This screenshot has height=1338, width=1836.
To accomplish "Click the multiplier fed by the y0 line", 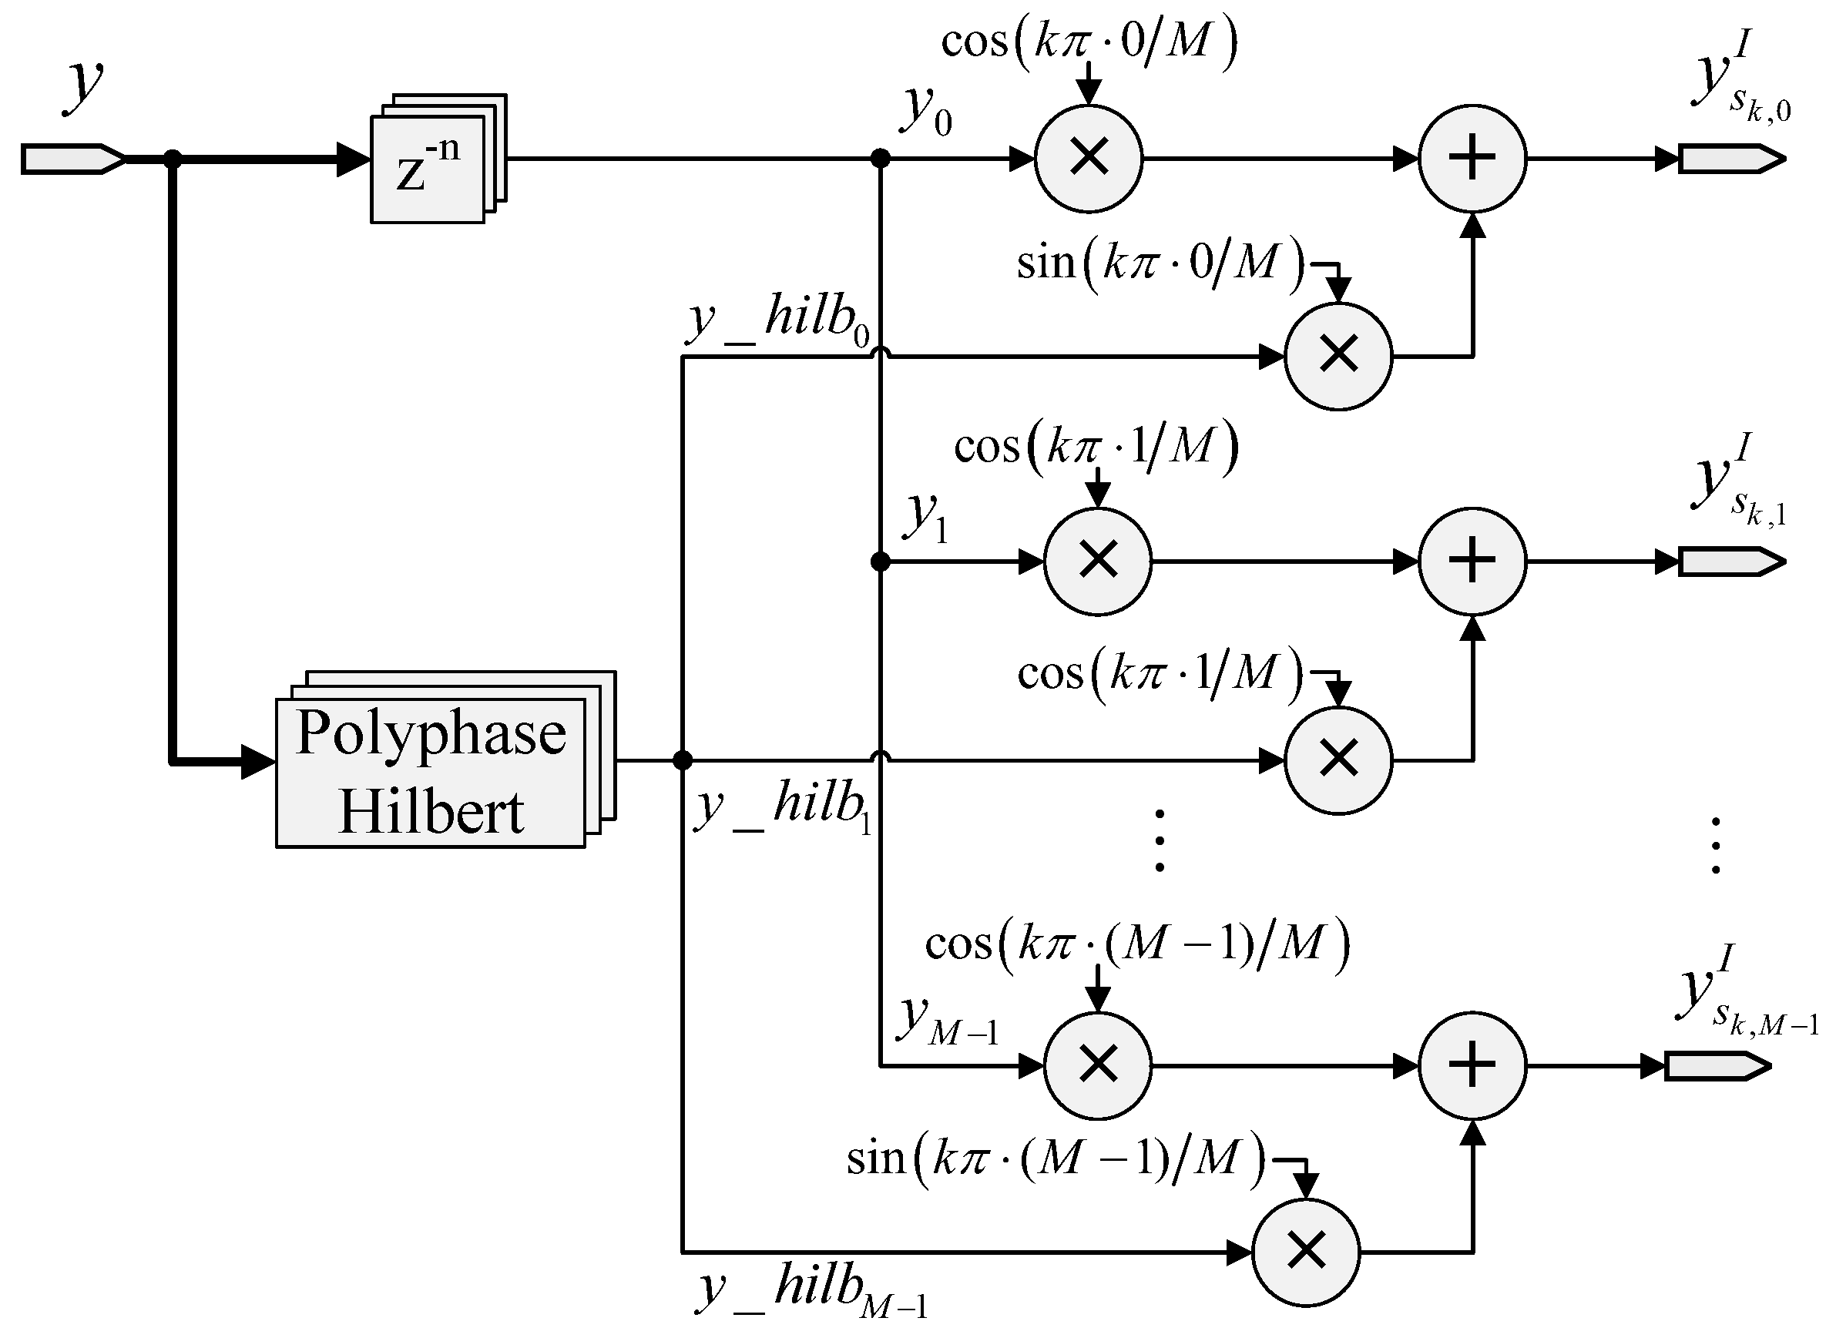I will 1089,159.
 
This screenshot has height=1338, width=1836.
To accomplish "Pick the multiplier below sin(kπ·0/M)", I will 1338,357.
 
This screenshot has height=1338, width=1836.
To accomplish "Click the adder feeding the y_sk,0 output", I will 1472,159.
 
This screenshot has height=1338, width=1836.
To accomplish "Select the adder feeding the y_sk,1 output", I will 1472,562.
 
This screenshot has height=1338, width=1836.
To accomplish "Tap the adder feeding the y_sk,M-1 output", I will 1472,1066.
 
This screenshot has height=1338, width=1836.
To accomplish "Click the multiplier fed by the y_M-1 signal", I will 1097,1066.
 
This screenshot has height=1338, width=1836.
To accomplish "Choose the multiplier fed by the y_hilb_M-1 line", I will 1305,1252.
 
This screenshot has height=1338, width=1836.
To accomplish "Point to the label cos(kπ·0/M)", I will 1089,41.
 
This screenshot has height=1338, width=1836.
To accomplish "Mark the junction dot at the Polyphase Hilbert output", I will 683,760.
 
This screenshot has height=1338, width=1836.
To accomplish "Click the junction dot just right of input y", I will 172,159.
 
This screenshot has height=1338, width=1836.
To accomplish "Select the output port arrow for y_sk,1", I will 1730,562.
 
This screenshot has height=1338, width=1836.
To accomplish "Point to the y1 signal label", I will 925,518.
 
